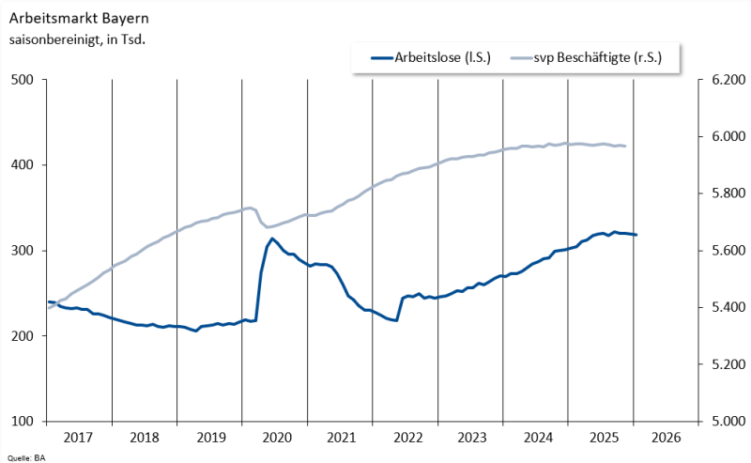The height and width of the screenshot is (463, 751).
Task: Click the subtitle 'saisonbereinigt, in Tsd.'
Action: [x=77, y=39]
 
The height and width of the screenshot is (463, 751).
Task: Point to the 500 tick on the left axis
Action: [x=23, y=80]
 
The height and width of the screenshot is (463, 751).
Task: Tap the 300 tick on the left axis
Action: [x=23, y=251]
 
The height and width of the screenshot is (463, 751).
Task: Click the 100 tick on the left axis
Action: [x=23, y=421]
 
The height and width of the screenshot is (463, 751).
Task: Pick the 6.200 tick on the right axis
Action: [x=728, y=80]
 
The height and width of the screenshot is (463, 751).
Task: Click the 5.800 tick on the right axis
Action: [x=728, y=193]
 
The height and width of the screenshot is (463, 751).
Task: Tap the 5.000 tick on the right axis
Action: [x=728, y=421]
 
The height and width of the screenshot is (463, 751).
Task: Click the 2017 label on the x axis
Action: [x=78, y=438]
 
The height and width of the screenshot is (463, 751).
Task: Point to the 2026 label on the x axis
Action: [x=666, y=438]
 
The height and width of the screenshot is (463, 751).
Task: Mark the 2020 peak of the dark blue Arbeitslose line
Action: [x=272, y=239]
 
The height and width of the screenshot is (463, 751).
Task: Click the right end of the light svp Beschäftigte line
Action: [x=625, y=146]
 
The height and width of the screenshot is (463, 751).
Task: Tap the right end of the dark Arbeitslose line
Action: [x=636, y=235]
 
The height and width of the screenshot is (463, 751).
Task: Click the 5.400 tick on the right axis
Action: [x=728, y=307]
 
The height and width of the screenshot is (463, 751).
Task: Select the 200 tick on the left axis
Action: [x=23, y=336]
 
